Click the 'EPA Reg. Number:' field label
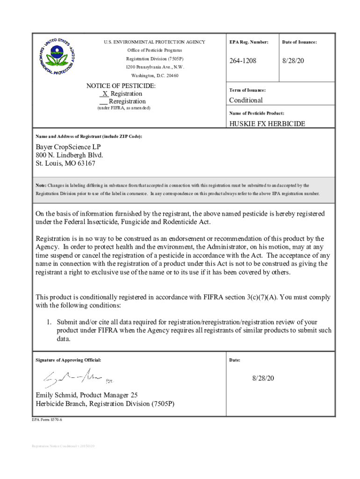pos(249,42)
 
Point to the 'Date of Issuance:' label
pos(299,42)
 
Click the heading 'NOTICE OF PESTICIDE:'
pos(121,86)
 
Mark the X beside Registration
pos(105,94)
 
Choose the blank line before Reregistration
pos(103,102)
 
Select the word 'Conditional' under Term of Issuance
pos(245,100)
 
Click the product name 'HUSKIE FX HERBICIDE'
pos(267,124)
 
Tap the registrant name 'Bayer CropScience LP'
pos(68,147)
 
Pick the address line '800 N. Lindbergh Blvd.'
pos(69,155)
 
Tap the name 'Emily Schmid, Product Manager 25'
pos(86,395)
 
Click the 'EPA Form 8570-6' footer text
pos(47,420)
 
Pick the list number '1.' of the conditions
pos(48,322)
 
